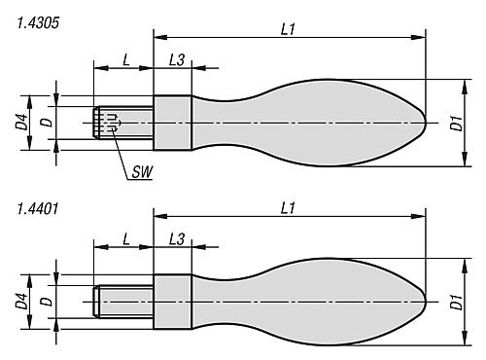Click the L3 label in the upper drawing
click(x=178, y=59)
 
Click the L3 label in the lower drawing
click(x=178, y=238)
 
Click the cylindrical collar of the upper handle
click(x=173, y=124)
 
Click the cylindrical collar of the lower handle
click(x=173, y=301)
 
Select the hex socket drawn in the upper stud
click(x=112, y=122)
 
